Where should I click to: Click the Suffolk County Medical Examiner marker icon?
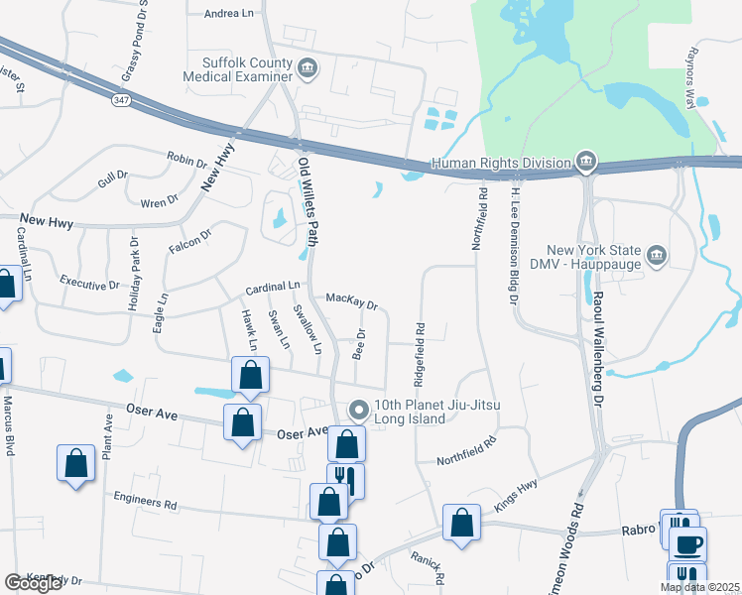(308, 67)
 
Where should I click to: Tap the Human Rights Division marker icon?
(585, 162)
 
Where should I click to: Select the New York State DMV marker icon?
(656, 257)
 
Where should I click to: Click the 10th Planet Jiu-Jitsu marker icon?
(359, 409)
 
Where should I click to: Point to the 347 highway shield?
(119, 100)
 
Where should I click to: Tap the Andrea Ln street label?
(228, 14)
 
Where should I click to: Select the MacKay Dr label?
(351, 299)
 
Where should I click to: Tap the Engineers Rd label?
(144, 501)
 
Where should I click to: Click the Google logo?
(34, 583)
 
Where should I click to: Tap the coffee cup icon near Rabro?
(687, 543)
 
